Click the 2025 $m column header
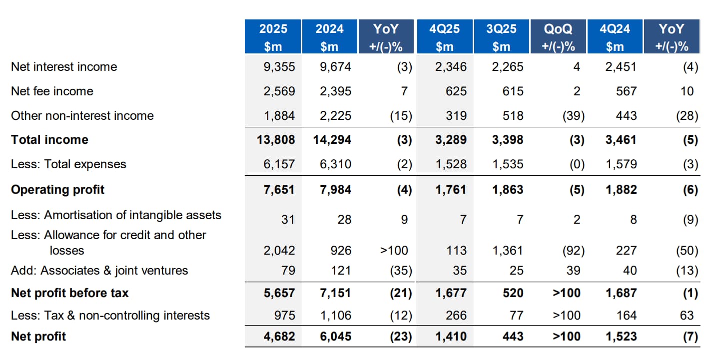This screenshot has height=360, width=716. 273,37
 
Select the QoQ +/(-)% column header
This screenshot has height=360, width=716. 558,37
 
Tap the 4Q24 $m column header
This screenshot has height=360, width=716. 615,37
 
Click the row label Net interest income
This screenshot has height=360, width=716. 64,67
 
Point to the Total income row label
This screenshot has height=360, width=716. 49,140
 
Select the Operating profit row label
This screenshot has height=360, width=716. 57,190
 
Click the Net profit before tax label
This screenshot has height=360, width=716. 69,293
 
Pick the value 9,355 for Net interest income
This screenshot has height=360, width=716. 279,67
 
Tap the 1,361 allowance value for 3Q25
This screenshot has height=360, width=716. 508,251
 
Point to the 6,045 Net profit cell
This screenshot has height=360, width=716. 335,337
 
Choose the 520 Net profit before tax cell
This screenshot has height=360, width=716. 513,293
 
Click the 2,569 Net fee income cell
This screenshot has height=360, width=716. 279,91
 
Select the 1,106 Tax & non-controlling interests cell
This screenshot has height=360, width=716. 335,316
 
